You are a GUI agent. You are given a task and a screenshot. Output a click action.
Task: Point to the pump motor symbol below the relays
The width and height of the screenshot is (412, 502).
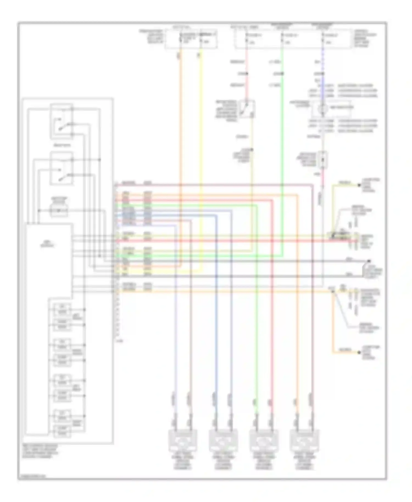[x=59, y=211]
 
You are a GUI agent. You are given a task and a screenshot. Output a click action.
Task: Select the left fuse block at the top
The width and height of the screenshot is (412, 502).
[x=191, y=39]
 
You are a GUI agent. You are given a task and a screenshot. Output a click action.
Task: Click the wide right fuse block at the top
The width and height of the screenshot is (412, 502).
[x=293, y=39]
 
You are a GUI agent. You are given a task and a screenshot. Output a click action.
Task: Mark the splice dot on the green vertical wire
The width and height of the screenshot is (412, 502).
[x=282, y=74]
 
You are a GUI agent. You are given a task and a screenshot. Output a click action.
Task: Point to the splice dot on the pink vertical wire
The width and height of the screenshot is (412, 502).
[x=246, y=74]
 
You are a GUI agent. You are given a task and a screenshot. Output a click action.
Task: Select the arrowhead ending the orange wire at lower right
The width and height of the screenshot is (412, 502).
[x=359, y=352]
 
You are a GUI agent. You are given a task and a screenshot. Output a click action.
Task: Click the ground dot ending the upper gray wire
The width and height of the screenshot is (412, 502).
[x=369, y=261]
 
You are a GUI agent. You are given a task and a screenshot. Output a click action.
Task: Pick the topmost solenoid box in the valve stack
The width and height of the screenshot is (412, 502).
[x=62, y=309]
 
